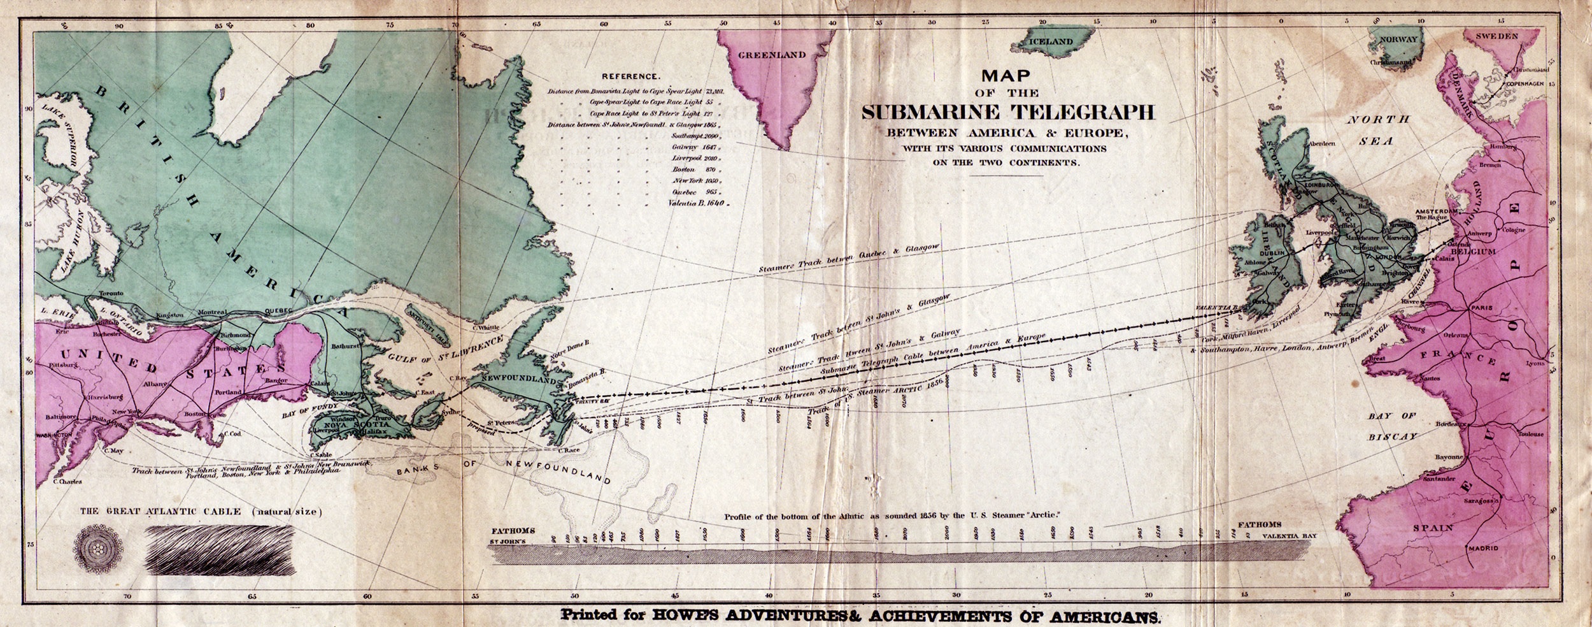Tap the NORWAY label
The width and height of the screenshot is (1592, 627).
pyautogui.click(x=1398, y=40)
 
